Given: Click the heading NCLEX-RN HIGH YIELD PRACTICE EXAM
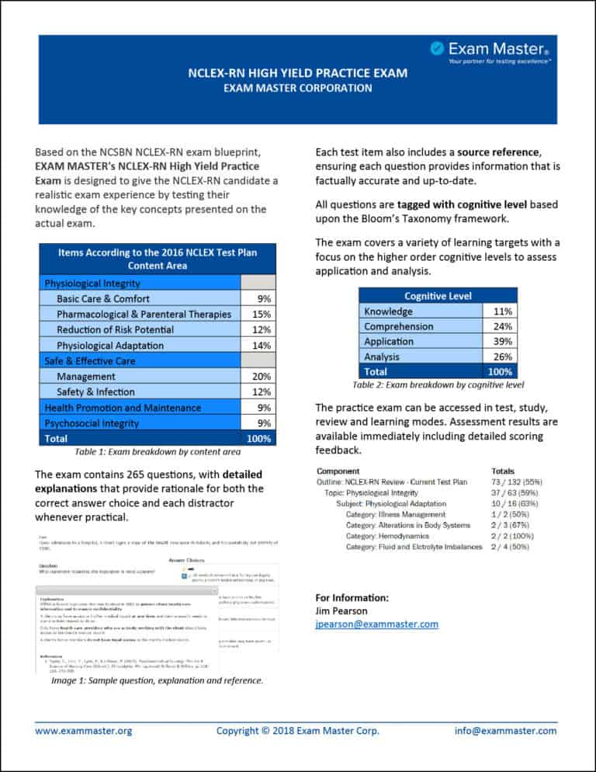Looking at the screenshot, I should pos(298,74).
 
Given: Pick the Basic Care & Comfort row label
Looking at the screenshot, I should pos(103,298).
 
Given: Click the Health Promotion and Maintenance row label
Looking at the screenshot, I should pos(123,408).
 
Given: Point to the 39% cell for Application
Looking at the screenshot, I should pos(501,342).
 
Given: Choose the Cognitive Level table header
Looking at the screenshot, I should pos(438,296).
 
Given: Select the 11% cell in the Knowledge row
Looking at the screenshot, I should pos(501,311).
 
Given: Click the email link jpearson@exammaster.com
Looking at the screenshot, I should pos(376,624).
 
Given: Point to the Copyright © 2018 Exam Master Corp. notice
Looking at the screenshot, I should pos(298,730).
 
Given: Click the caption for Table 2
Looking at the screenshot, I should pos(438,384).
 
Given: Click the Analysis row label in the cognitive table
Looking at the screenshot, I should pos(382,356).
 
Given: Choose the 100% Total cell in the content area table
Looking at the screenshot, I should pos(258,438).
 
